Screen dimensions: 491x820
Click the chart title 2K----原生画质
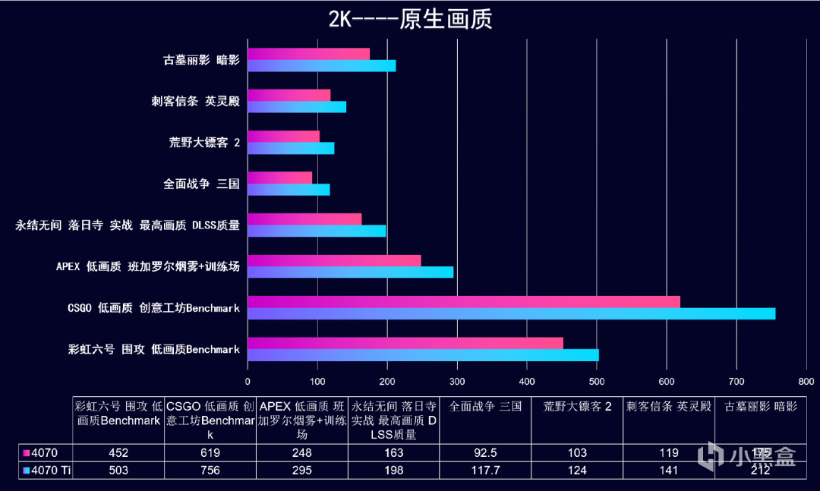coord(410,18)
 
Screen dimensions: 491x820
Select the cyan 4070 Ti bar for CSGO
coord(511,313)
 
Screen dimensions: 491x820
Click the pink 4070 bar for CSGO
coord(463,301)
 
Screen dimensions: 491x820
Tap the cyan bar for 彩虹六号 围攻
coord(423,355)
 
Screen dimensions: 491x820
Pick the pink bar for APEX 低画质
coord(334,260)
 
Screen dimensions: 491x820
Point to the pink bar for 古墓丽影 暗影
coord(308,54)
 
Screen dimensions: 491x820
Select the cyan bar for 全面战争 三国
coord(289,190)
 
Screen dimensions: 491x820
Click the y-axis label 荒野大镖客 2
coord(204,142)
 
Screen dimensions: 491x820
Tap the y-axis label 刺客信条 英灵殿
coord(195,101)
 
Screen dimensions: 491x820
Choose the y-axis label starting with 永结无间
coord(128,225)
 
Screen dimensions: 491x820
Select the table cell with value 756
coord(210,471)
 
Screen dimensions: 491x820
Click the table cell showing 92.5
coord(485,453)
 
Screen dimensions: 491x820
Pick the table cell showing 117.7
coord(485,471)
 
